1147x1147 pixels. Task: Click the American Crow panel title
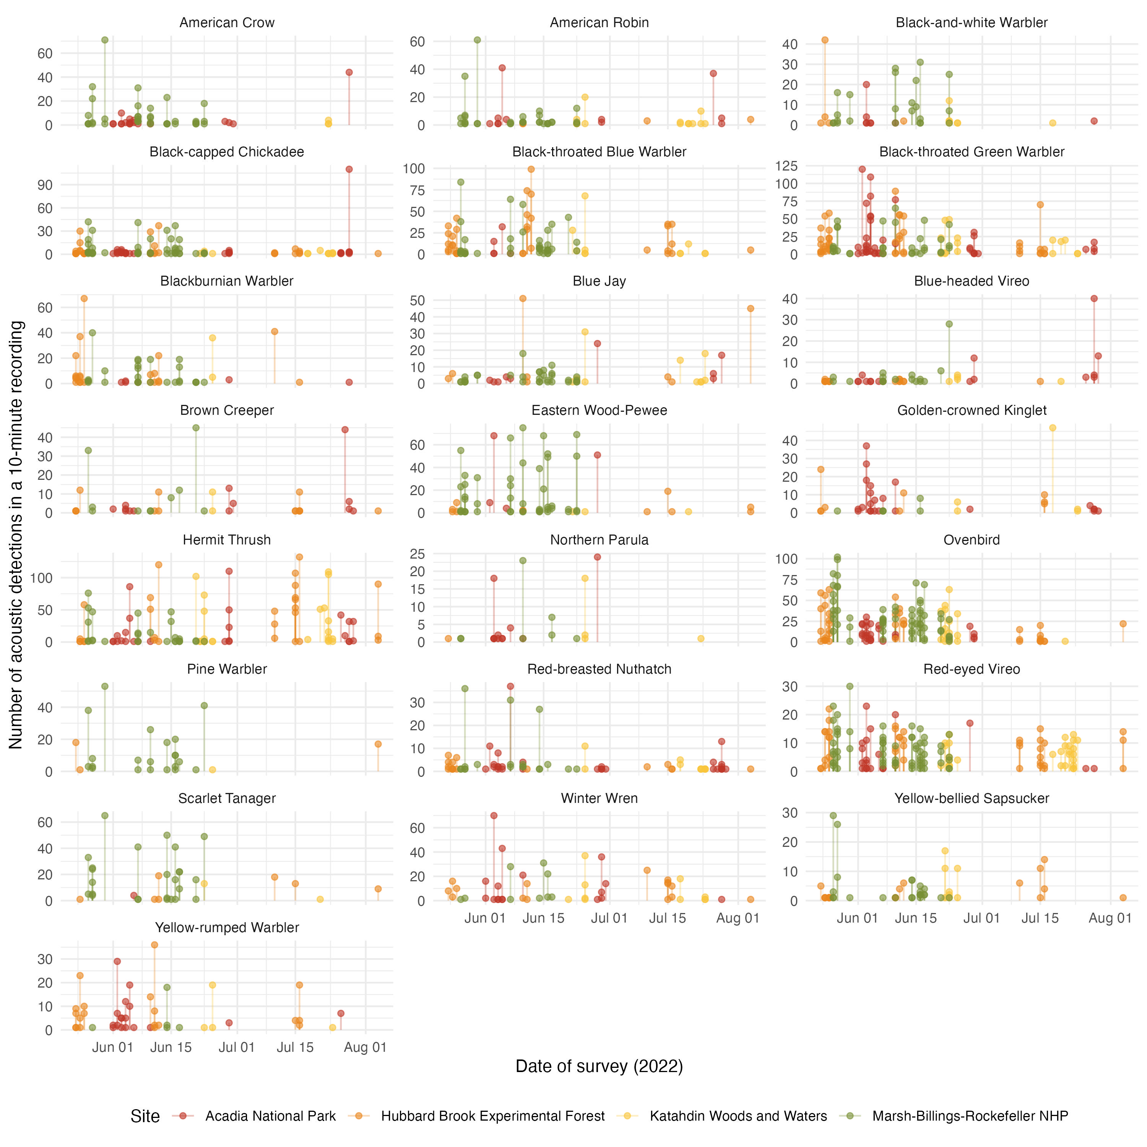[227, 23]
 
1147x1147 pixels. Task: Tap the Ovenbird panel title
[971, 539]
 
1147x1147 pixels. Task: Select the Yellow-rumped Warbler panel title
[227, 927]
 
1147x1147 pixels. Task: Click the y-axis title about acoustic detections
[16, 535]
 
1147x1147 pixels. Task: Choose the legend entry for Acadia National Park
[270, 1116]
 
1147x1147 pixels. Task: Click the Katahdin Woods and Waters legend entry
[738, 1116]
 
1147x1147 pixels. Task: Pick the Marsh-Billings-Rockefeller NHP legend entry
[970, 1116]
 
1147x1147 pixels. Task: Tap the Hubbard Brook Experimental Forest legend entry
[493, 1116]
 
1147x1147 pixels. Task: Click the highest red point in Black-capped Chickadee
[349, 169]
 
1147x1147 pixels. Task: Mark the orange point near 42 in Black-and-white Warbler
[825, 41]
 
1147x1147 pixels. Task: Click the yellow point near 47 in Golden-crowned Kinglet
[1053, 428]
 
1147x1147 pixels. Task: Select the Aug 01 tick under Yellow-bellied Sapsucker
[1110, 918]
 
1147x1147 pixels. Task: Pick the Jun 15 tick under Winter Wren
[543, 918]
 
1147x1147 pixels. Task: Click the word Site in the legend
[145, 1116]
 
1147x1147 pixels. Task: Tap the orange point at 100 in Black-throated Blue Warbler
[531, 169]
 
